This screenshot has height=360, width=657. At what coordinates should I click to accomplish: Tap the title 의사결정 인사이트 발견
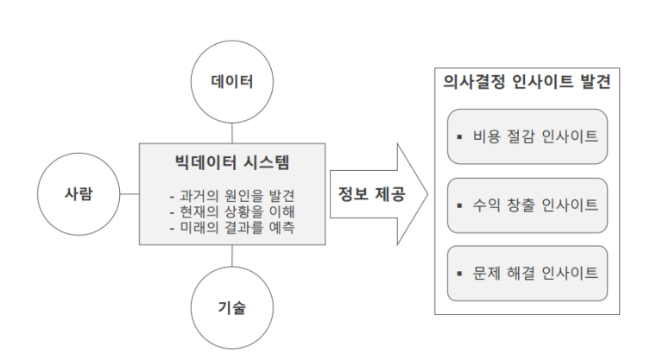(x=527, y=84)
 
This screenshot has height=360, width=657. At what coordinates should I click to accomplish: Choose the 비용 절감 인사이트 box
(x=527, y=136)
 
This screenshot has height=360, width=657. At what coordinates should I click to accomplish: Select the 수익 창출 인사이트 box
(x=527, y=205)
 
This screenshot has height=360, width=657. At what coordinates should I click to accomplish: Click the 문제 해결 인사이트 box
(x=527, y=273)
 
